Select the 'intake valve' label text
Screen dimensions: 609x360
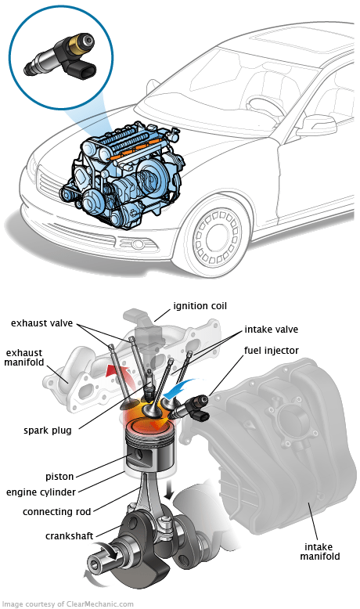pos(271,330)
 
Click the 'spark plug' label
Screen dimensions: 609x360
pos(50,430)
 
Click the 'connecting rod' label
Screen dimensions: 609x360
pos(57,511)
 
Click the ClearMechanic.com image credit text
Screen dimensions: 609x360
pos(67,604)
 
